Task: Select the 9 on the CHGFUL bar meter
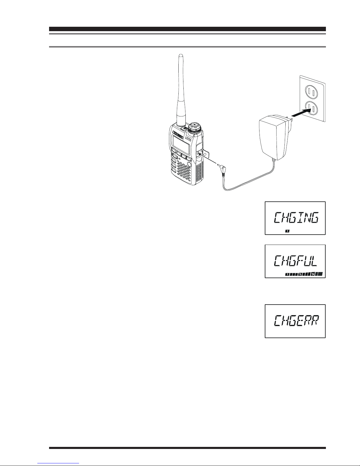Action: [313, 275]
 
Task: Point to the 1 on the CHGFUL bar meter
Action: [287, 275]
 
